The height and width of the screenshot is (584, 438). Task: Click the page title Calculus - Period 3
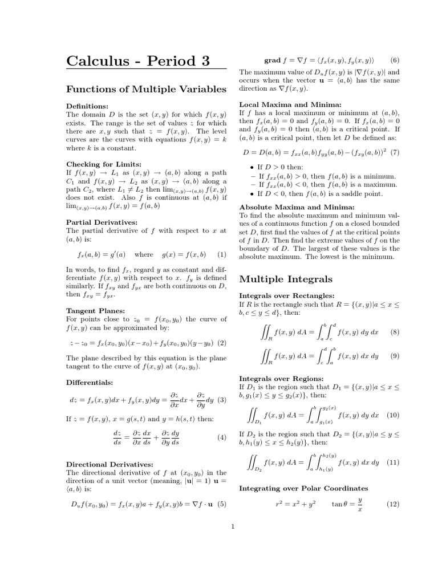(138, 60)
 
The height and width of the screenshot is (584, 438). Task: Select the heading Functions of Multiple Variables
(147, 89)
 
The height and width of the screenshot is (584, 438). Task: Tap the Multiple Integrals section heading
(286, 279)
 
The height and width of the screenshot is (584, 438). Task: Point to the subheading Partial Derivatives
(100, 222)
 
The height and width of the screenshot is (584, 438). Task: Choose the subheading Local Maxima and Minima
(290, 105)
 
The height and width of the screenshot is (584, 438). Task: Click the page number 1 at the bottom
(233, 526)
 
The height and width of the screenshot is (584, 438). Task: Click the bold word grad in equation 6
(273, 60)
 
